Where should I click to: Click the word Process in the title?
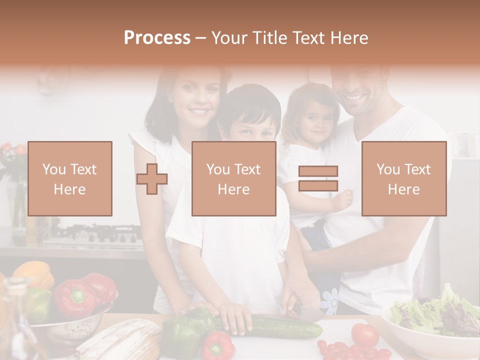click(x=157, y=38)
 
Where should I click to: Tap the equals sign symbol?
click(x=318, y=178)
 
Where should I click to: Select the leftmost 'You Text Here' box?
click(x=70, y=178)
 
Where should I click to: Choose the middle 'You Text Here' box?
click(x=234, y=178)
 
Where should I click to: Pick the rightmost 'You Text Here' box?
click(x=404, y=178)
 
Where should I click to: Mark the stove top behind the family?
click(x=95, y=235)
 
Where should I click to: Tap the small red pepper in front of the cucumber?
click(x=218, y=345)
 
